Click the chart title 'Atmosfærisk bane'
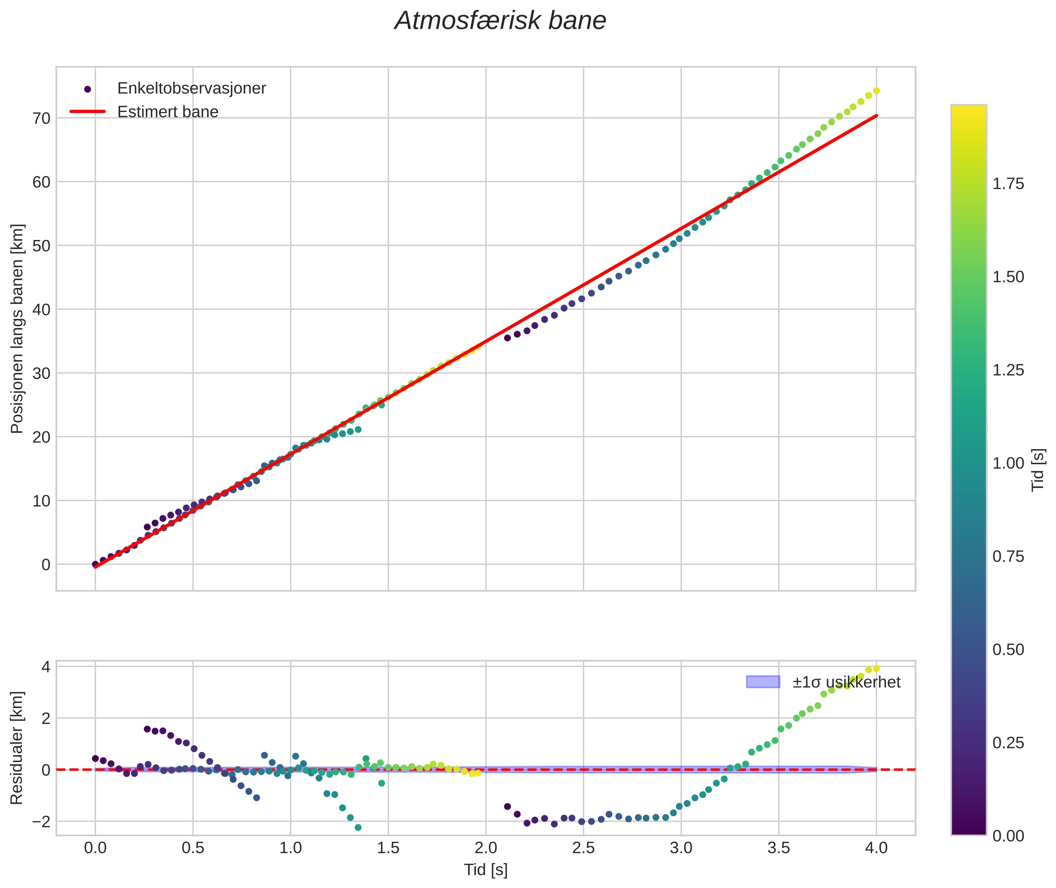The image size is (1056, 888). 500,21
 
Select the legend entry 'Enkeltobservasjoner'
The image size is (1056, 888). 191,89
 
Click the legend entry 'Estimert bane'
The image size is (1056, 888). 168,112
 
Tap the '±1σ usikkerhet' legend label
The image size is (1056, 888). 846,682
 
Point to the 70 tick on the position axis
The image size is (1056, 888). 42,118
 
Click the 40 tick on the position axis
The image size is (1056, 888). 42,310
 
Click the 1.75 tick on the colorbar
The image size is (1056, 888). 1008,184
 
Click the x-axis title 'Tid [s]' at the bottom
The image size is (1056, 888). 486,870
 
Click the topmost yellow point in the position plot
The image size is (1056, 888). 876,91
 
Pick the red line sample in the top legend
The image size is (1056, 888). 88,111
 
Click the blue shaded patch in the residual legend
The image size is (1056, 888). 763,682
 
